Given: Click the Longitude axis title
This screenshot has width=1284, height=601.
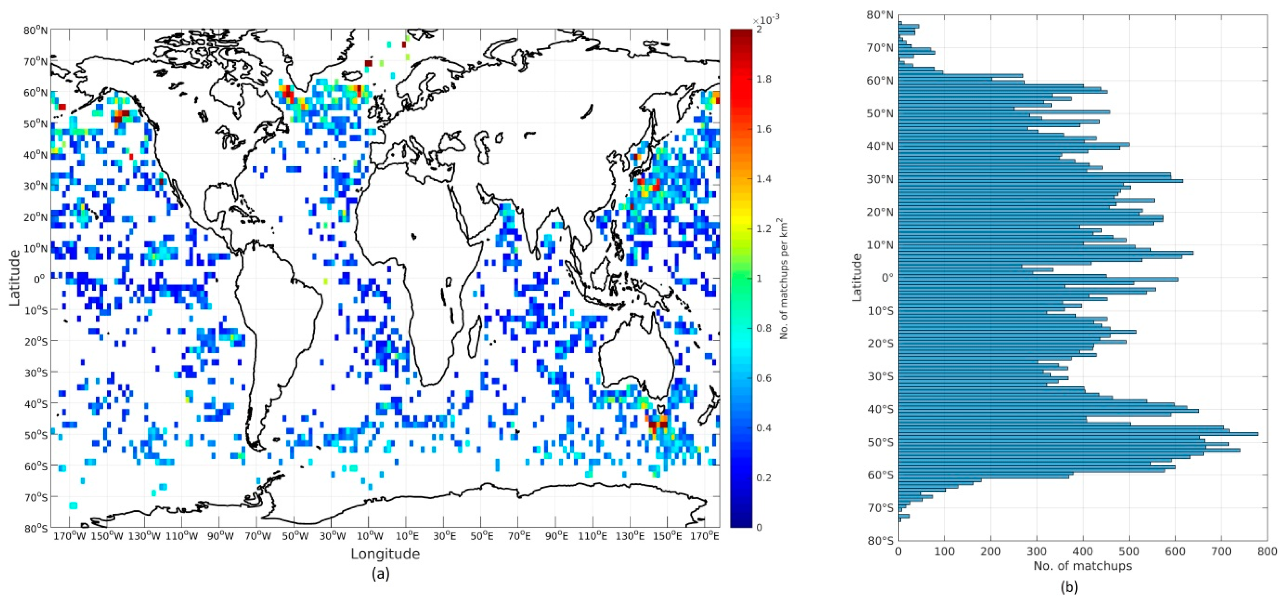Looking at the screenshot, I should tap(385, 554).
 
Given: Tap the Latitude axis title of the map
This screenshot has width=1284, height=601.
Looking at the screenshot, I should tap(14, 278).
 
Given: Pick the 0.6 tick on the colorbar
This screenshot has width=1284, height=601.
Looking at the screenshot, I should tap(763, 378).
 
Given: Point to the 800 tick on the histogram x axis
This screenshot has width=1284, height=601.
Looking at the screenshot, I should tap(1268, 552).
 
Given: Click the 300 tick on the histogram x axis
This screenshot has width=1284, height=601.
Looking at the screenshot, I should tap(1037, 552).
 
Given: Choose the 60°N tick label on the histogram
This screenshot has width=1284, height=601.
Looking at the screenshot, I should tap(880, 81).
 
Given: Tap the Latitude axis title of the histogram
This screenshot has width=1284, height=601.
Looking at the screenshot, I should tap(857, 278).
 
